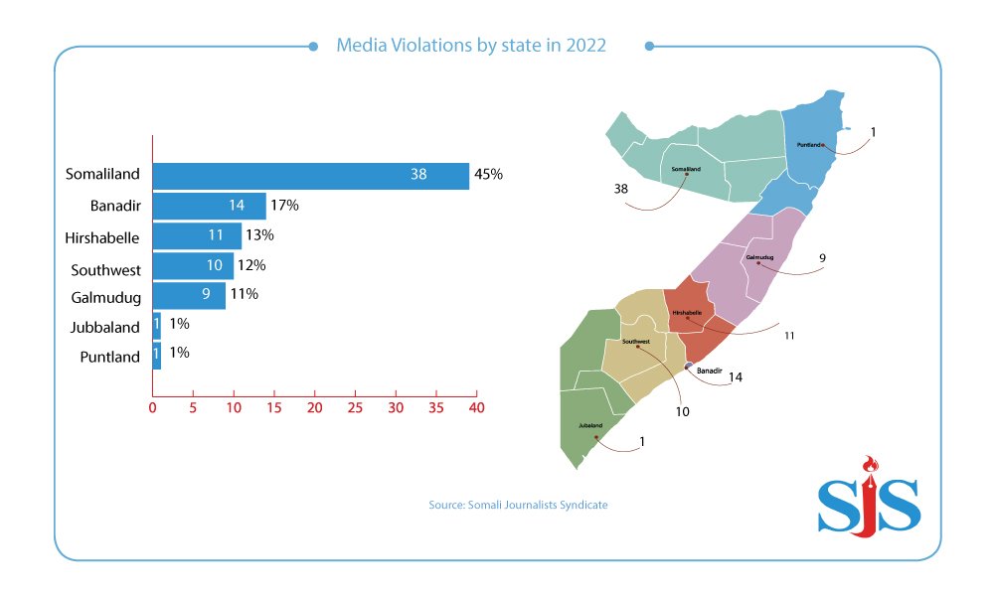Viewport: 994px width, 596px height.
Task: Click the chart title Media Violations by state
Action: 471,45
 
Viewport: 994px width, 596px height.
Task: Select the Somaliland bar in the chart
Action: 310,176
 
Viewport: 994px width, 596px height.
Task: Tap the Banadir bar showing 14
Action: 209,206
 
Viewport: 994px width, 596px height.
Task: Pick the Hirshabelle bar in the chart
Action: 196,235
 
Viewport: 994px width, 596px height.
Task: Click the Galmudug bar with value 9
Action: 189,295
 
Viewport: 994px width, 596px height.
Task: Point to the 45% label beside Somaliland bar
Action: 488,175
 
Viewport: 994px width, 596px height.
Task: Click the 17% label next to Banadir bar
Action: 284,206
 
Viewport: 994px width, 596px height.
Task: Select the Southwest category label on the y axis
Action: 105,269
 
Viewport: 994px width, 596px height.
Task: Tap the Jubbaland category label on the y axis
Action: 105,327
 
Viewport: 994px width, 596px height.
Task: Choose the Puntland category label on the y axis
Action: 109,357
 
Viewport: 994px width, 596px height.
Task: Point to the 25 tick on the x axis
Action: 355,408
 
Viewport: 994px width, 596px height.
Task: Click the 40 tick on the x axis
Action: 476,408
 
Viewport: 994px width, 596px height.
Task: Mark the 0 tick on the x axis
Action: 152,408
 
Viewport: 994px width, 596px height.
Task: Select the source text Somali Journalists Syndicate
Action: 518,505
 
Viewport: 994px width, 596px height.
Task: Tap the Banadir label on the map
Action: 709,371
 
